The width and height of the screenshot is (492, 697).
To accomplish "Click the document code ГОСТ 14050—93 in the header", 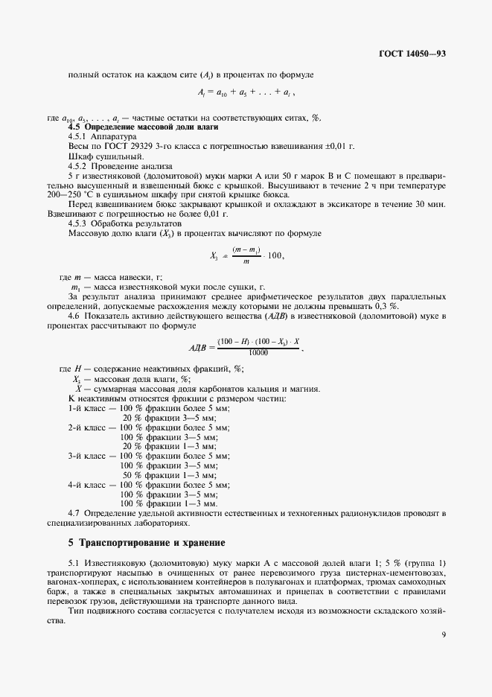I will [412, 54].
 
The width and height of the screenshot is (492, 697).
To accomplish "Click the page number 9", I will [443, 635].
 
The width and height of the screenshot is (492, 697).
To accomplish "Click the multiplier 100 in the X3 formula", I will [274, 256].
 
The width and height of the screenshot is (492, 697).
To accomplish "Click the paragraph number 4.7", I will [74, 513].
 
